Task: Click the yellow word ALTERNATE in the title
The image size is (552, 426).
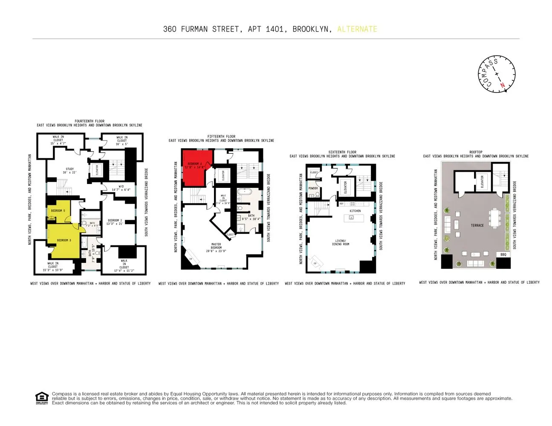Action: (x=357, y=29)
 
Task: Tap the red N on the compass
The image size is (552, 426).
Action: (x=503, y=86)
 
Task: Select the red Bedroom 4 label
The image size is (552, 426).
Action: (x=195, y=166)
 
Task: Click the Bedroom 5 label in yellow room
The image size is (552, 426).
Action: (x=58, y=211)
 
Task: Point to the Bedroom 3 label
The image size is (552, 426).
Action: (x=64, y=240)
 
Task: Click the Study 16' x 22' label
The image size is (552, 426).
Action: (x=69, y=171)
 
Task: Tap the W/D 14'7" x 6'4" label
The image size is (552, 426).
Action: (x=121, y=188)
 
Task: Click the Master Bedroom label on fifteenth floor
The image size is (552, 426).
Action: (x=216, y=248)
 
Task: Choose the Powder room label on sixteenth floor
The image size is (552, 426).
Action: (x=313, y=188)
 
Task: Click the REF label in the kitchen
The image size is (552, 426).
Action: (x=341, y=204)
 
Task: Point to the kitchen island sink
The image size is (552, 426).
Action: (x=352, y=217)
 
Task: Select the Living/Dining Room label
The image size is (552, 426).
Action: (x=341, y=242)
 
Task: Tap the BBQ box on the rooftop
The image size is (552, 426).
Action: (x=503, y=254)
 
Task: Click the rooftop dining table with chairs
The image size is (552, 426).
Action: (x=494, y=218)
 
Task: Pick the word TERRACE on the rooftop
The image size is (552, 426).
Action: (x=477, y=225)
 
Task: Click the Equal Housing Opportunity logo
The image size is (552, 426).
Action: (x=41, y=398)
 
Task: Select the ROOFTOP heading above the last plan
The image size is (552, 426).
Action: (x=476, y=152)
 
